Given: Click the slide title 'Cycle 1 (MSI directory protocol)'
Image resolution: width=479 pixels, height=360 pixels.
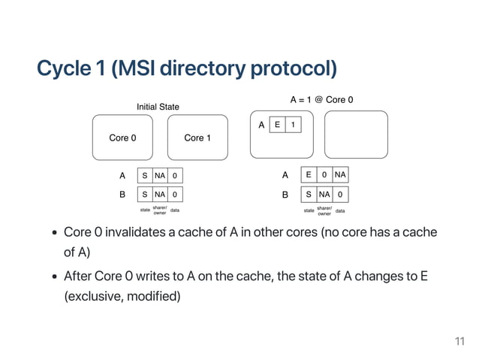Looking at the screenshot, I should coord(187,68).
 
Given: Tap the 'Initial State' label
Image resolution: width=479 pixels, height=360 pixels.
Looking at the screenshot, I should coord(158,107).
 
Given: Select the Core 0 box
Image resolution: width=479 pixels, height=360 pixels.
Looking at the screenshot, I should coord(123,138).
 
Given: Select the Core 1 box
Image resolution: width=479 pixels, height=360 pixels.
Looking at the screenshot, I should coord(197,138).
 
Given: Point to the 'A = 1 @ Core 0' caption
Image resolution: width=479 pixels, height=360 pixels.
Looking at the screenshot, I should coord(321,99).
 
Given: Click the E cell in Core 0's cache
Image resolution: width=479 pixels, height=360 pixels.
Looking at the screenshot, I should coord(277,125).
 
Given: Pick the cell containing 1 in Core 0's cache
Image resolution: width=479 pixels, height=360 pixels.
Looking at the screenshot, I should coord(293,125).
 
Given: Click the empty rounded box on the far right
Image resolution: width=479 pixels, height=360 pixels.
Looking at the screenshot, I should coord(356,135).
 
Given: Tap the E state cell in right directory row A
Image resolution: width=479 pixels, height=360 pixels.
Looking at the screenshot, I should coord(308,175).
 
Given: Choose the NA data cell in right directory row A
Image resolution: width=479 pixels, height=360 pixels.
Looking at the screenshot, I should coord(340,175).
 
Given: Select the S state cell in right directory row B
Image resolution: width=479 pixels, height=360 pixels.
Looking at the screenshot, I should coord(308,193).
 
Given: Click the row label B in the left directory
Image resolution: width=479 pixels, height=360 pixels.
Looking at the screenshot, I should coord(122,193).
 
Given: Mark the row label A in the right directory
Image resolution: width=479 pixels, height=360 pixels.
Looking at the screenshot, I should coord(285,175).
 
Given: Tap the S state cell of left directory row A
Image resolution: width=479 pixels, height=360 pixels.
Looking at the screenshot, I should coord(145,175).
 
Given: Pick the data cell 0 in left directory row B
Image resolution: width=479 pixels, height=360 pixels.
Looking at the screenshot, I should coord(175,193).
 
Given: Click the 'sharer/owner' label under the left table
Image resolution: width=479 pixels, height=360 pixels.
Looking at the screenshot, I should coord(160,210).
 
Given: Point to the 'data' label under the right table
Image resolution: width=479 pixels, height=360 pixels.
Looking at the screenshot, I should coord(340,211).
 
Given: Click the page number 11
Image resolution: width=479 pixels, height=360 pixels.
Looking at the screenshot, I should coord(459,343).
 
